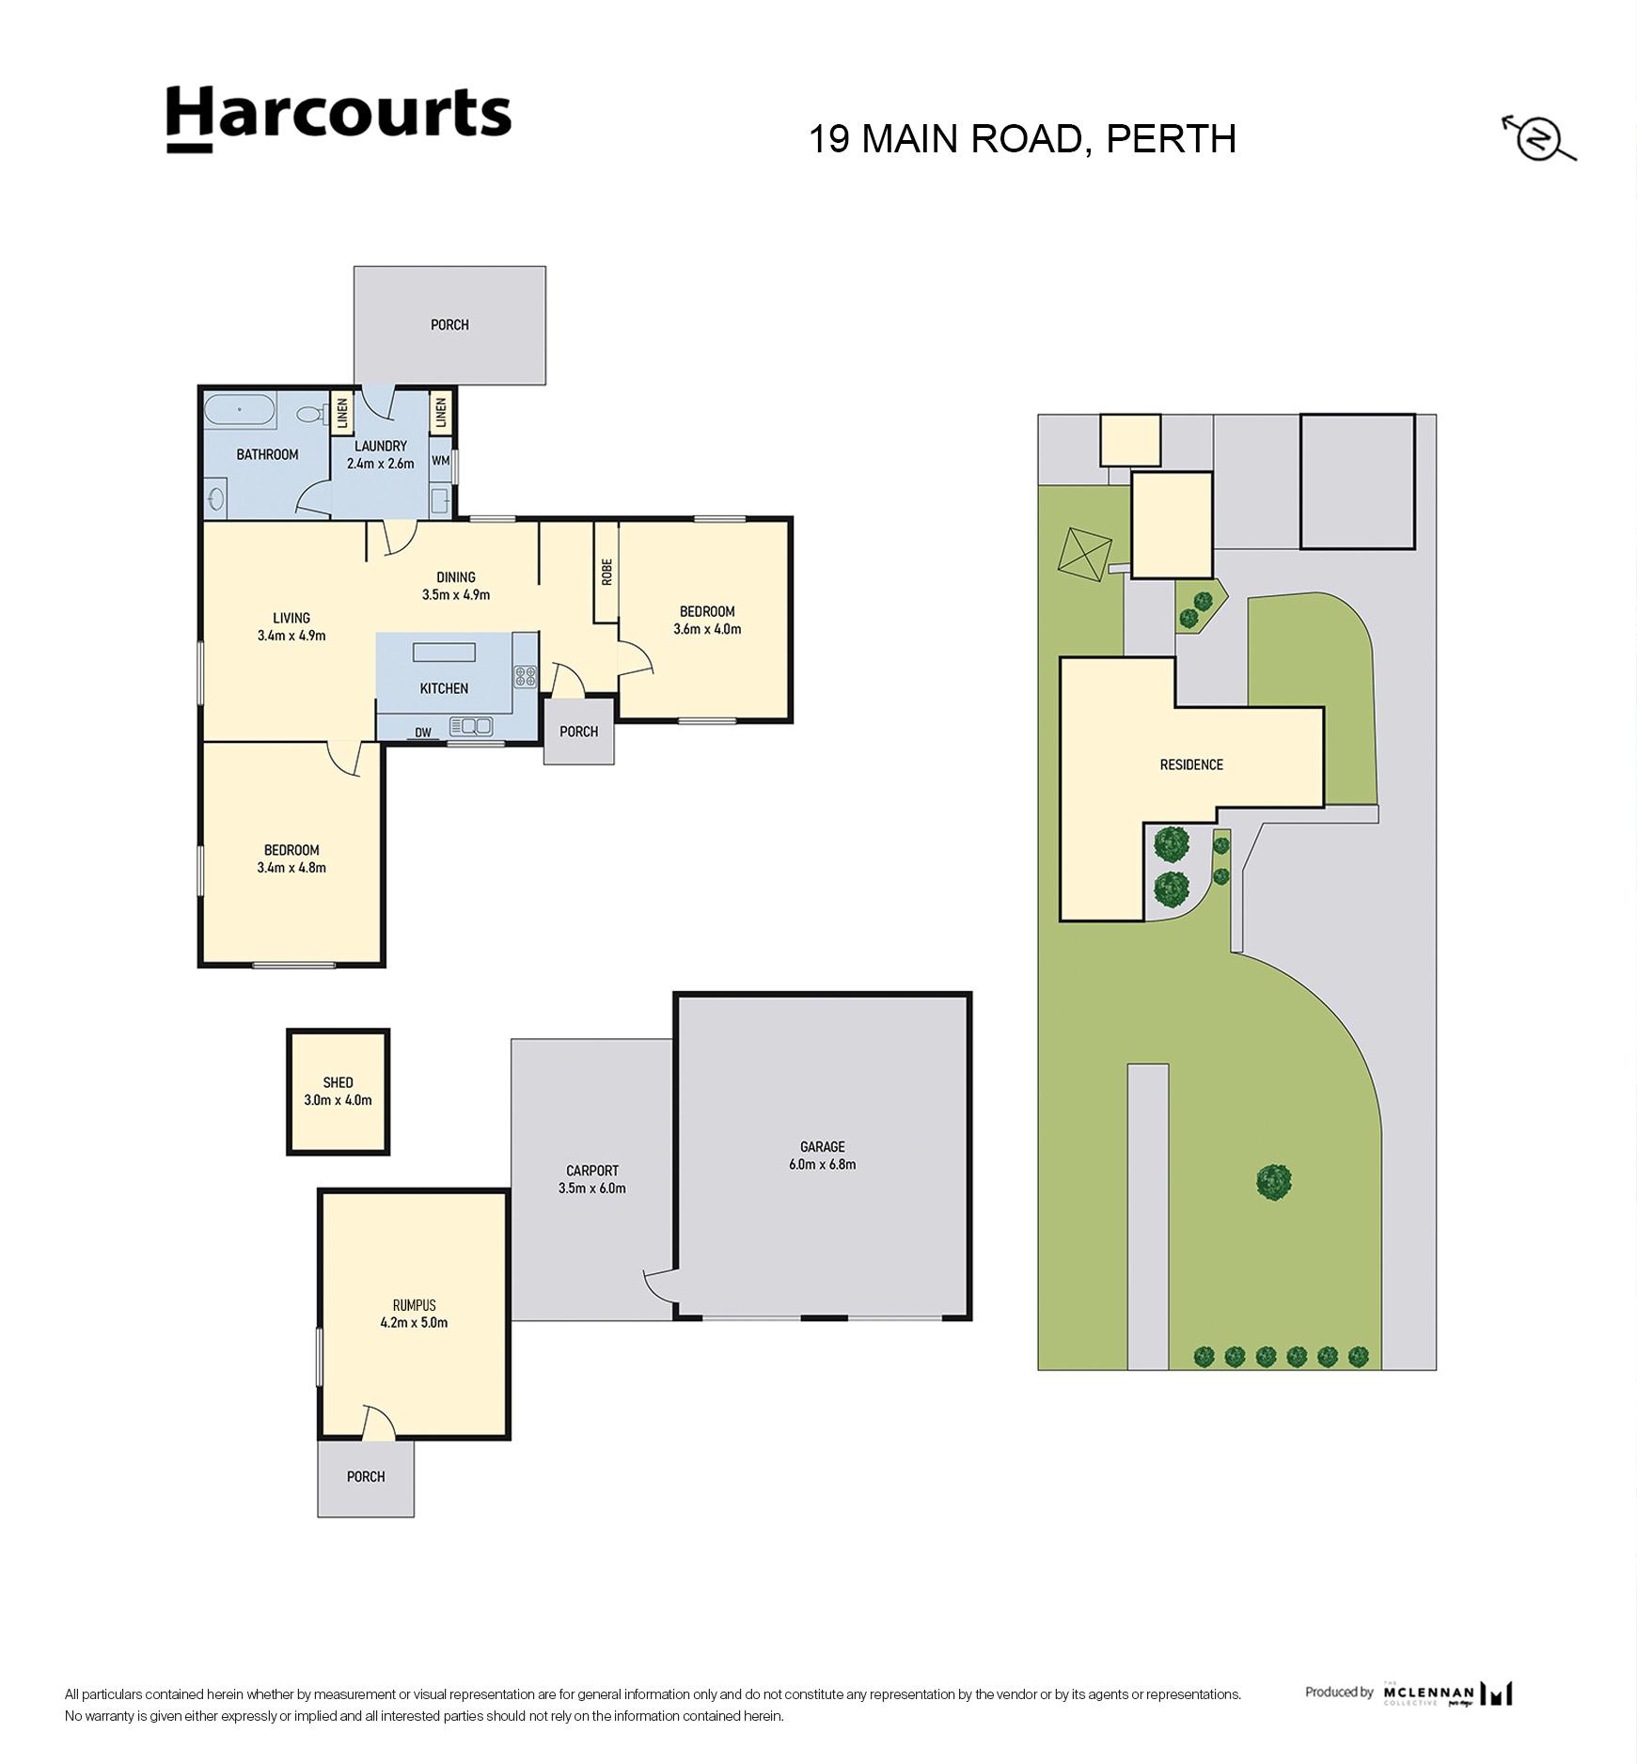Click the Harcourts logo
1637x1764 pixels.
tap(338, 118)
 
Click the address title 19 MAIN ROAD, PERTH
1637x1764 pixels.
tap(1022, 139)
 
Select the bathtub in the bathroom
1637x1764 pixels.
tap(240, 410)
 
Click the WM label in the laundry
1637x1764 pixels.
tap(440, 461)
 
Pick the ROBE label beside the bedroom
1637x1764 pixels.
tap(606, 572)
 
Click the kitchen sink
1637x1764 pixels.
tap(472, 725)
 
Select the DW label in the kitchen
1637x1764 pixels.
tap(423, 732)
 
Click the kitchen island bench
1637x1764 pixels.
tap(445, 654)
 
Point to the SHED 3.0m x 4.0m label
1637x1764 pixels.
tap(338, 1091)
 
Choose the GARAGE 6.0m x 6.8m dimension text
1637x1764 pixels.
tap(822, 1164)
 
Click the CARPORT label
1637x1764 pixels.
tap(592, 1171)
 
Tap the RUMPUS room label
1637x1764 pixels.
tap(415, 1305)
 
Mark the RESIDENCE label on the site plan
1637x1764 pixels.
tap(1191, 764)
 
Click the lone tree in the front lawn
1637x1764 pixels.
tap(1273, 1181)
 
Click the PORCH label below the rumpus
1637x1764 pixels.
tap(366, 1476)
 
